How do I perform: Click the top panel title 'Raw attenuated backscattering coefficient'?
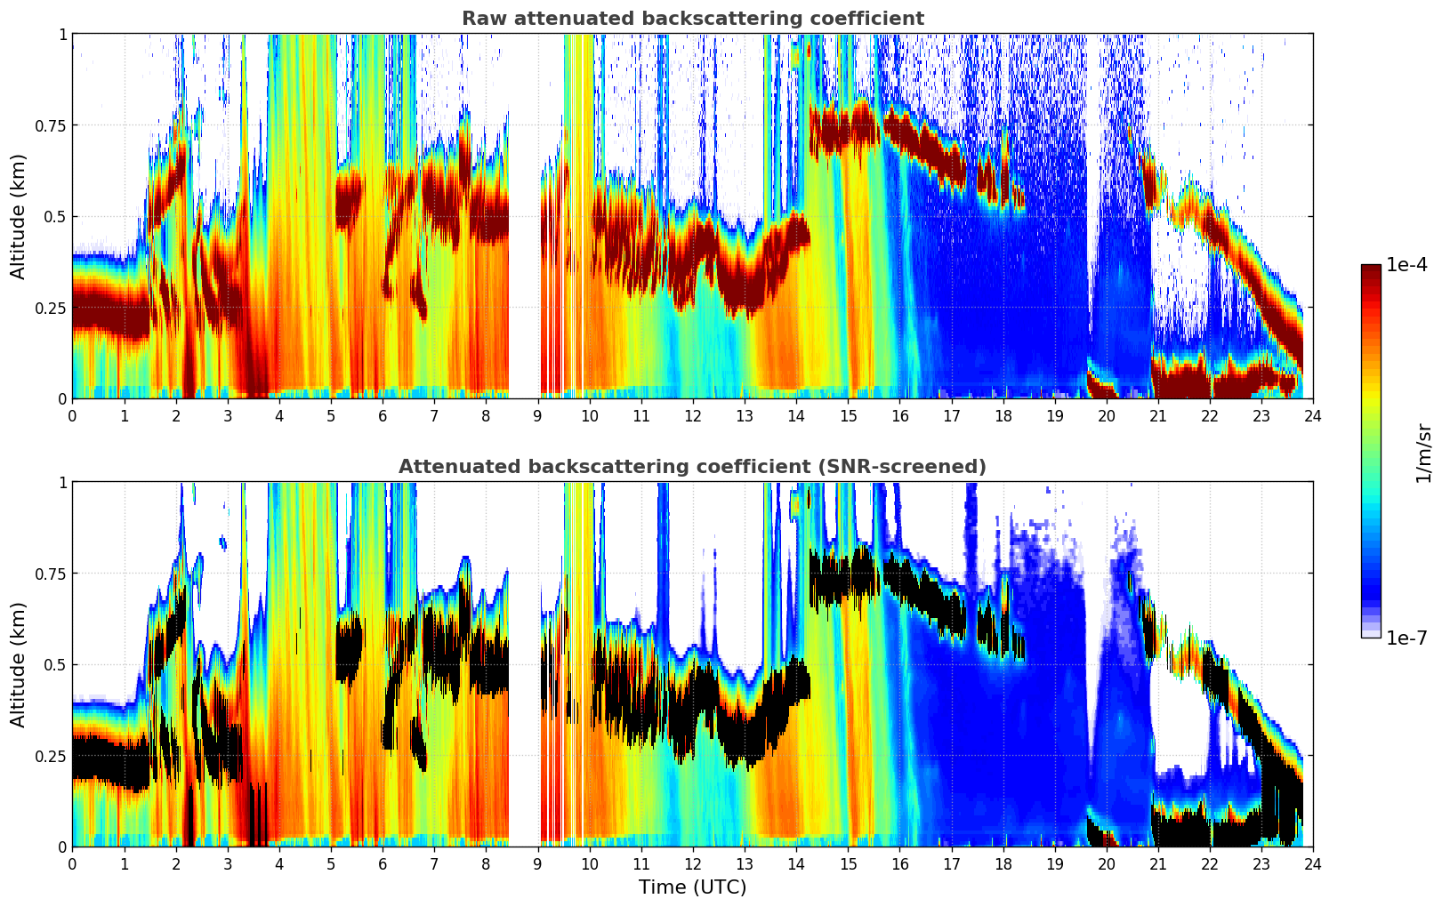[692, 19]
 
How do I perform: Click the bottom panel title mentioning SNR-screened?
[692, 467]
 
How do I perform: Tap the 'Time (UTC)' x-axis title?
[692, 887]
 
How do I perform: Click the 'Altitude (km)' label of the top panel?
[19, 216]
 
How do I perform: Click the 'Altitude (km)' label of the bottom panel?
[19, 664]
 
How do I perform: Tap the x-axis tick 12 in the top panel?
[693, 415]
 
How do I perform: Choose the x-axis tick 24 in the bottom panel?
[1313, 863]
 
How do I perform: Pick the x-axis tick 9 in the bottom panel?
[537, 863]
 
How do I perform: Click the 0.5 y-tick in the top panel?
[55, 217]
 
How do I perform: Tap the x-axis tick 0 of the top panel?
[72, 415]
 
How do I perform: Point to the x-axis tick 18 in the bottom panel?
[1003, 863]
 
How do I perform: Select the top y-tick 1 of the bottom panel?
[62, 483]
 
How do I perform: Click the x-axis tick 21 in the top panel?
[1157, 415]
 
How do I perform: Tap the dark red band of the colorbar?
[1371, 276]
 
